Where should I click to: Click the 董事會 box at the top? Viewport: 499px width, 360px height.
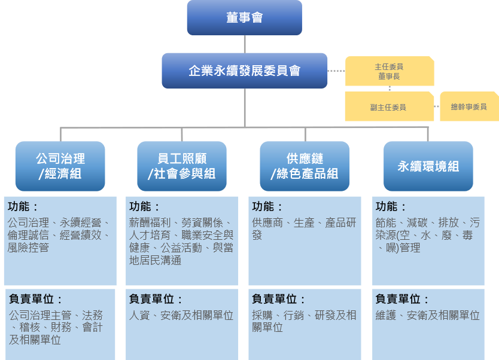click(244, 17)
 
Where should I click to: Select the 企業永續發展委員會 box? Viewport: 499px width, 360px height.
click(244, 71)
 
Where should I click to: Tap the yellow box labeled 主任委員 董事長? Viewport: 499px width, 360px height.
click(390, 71)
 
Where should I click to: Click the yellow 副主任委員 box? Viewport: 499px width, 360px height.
click(388, 107)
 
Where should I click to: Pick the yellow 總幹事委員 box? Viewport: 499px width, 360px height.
click(468, 106)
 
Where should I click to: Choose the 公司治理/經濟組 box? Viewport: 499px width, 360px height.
click(60, 166)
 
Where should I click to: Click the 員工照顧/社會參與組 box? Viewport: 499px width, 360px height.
click(182, 166)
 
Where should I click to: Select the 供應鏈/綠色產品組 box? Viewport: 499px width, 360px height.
click(305, 166)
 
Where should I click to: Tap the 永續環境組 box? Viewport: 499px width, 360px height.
click(428, 166)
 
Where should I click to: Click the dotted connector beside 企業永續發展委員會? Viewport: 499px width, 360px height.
click(336, 71)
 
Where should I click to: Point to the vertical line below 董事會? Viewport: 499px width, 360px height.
click(244, 44)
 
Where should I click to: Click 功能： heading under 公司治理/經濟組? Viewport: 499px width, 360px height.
click(23, 207)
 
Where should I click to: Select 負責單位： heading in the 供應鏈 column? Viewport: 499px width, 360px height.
click(279, 299)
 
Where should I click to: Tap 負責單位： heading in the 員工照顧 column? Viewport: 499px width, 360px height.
click(156, 299)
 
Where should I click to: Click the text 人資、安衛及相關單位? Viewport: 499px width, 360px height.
click(181, 315)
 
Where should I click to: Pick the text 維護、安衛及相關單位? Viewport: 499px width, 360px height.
click(427, 315)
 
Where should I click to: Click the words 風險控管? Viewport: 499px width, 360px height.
click(29, 248)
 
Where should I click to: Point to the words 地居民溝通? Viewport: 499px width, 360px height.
click(156, 261)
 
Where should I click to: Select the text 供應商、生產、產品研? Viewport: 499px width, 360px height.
click(304, 222)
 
